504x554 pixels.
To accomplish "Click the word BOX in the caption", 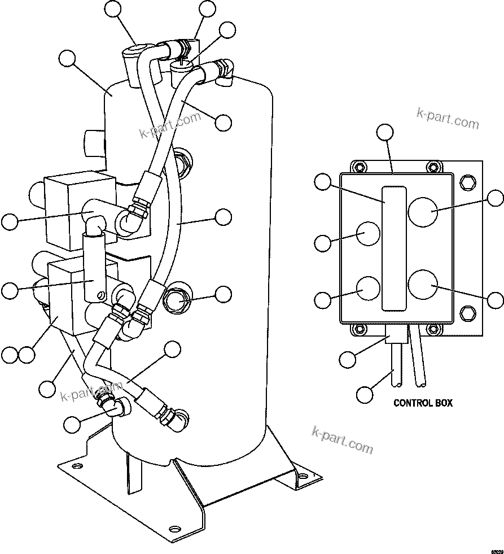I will point(444,403).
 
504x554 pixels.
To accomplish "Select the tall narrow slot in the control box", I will point(393,248).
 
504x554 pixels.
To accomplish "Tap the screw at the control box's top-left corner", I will point(357,167).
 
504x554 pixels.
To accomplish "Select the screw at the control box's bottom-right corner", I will point(432,329).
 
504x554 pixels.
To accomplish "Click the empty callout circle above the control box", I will point(385,132).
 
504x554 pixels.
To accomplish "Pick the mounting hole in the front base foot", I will point(174,529).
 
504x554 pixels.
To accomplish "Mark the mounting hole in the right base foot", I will point(304,477).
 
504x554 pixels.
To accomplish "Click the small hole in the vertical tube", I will point(102,294).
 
